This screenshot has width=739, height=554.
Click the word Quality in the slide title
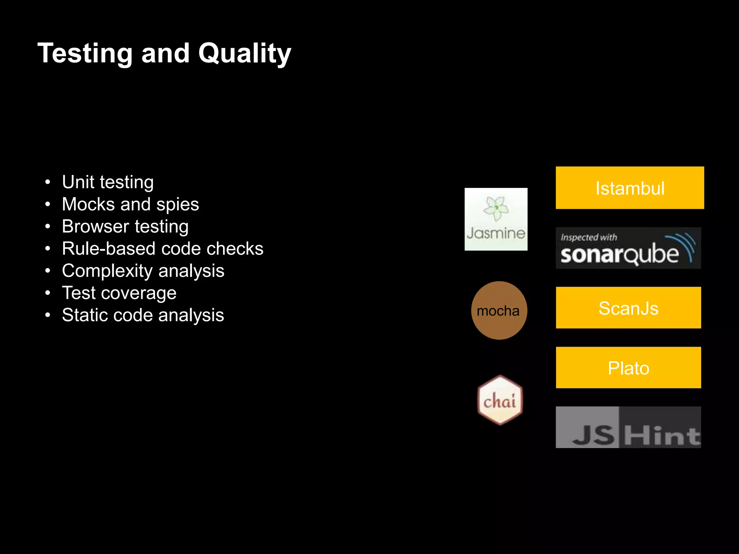point(244,53)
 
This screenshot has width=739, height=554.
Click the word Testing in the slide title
point(85,53)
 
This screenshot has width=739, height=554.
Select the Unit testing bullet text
point(108,182)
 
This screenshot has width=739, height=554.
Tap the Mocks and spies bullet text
point(130,204)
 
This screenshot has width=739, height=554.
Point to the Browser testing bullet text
point(125,227)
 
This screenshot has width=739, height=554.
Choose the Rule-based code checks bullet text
point(162,249)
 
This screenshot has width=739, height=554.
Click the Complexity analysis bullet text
point(143,271)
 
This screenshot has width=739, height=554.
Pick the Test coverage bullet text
point(119,293)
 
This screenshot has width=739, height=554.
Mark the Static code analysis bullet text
point(143,315)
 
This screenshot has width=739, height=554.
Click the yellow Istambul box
point(630,188)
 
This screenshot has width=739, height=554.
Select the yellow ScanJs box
point(628,308)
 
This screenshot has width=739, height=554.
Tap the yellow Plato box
point(628,368)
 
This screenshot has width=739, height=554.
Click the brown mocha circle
point(499,310)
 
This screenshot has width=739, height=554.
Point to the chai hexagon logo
point(500,400)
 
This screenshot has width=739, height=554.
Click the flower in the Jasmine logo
point(496,208)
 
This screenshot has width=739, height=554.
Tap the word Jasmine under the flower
point(496,233)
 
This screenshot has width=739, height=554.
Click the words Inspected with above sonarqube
point(589,237)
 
